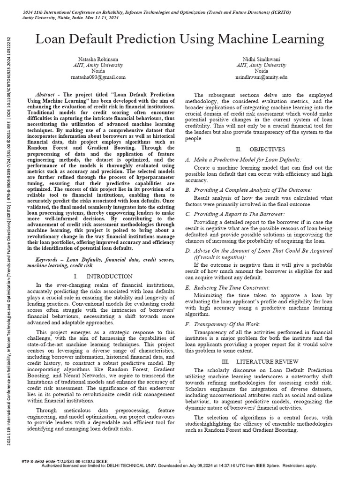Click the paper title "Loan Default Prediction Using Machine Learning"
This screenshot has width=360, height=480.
pos(180,38)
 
